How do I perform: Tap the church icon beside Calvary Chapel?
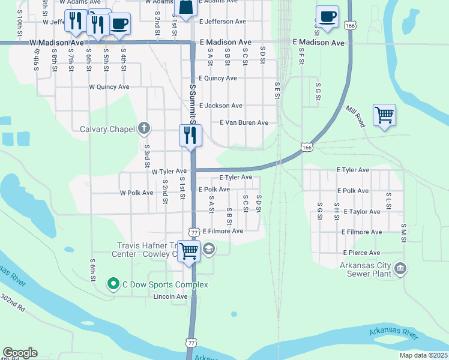click(143, 128)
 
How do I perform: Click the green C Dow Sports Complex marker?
click(112, 283)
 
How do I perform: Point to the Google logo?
click(20, 353)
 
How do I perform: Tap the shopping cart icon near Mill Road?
click(384, 115)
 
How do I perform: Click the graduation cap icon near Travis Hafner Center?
click(208, 248)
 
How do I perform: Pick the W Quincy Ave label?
click(109, 87)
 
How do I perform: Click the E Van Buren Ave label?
click(244, 122)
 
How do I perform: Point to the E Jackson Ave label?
click(220, 106)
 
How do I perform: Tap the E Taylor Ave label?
click(358, 212)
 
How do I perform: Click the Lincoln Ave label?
click(170, 296)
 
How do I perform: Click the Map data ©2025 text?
click(424, 355)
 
